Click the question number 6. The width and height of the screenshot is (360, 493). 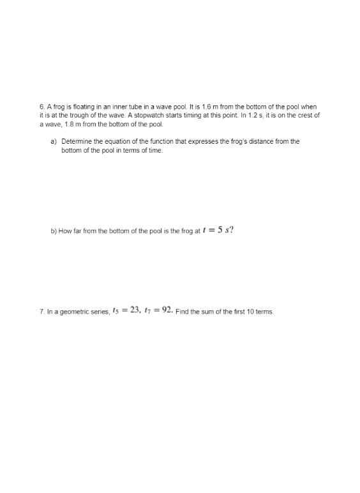tap(41, 107)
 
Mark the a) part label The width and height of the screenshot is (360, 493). tap(54, 141)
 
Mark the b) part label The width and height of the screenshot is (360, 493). tap(54, 231)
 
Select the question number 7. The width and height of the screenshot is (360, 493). tap(41, 312)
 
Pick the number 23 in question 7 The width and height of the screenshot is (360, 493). tap(134, 310)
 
